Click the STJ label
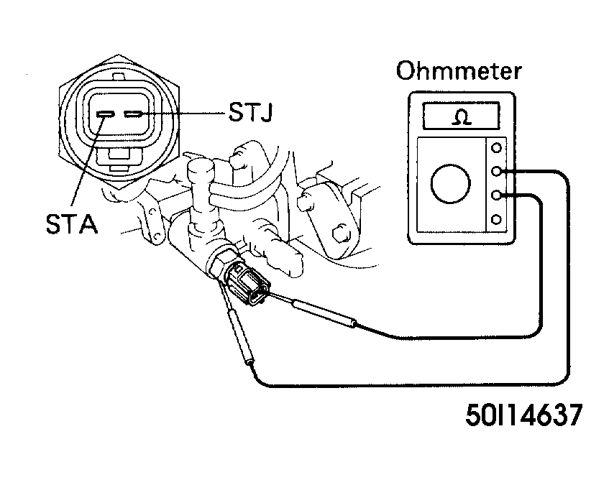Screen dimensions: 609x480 pos(250,112)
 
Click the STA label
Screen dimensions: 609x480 pos(72,223)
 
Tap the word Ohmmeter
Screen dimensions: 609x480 pos(459,70)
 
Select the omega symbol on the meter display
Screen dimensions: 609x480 pos(462,117)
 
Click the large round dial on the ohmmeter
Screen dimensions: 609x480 pos(451,183)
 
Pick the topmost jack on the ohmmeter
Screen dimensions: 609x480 pos(496,148)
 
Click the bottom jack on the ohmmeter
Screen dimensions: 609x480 pos(496,220)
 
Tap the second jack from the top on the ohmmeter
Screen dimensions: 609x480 pos(496,171)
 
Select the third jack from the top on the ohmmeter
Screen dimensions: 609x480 pos(496,195)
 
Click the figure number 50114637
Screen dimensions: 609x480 pos(524,415)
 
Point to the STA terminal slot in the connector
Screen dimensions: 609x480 pos(105,114)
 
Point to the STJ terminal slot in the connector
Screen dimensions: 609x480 pos(134,114)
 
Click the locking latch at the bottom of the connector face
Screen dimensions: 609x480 pos(119,160)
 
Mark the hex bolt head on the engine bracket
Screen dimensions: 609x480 pos(342,234)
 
